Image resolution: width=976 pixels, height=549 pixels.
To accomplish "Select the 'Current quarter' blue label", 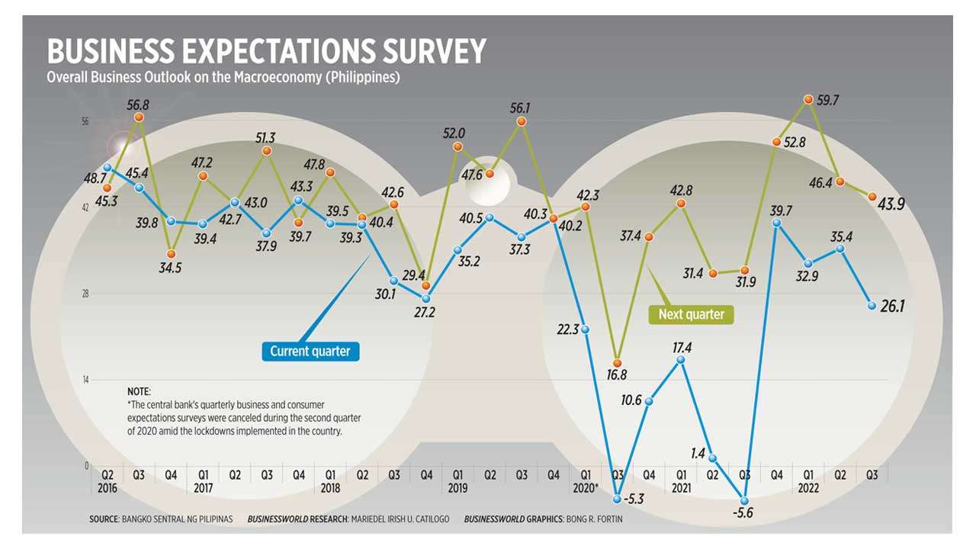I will pyautogui.click(x=310, y=351).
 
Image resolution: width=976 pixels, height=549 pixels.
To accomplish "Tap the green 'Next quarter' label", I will pyautogui.click(x=691, y=314).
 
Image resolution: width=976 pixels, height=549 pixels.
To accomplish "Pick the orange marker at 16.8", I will pyautogui.click(x=618, y=363).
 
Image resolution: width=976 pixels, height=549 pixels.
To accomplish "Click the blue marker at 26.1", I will pyautogui.click(x=872, y=306).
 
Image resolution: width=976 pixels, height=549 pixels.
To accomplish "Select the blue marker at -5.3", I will pyautogui.click(x=618, y=499).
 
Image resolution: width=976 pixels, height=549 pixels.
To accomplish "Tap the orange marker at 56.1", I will pyautogui.click(x=522, y=121).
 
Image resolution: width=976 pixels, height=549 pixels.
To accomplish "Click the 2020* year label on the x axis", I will pyautogui.click(x=586, y=488).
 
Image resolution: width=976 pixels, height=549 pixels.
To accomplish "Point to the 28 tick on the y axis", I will pyautogui.click(x=86, y=294).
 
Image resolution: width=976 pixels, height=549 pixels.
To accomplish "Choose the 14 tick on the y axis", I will pyautogui.click(x=86, y=380).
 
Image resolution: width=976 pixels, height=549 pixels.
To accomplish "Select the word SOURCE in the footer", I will pyautogui.click(x=104, y=519).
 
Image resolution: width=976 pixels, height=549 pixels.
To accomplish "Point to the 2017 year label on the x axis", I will pyautogui.click(x=203, y=488).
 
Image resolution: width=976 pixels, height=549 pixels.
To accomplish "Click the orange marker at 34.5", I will pyautogui.click(x=172, y=254).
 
